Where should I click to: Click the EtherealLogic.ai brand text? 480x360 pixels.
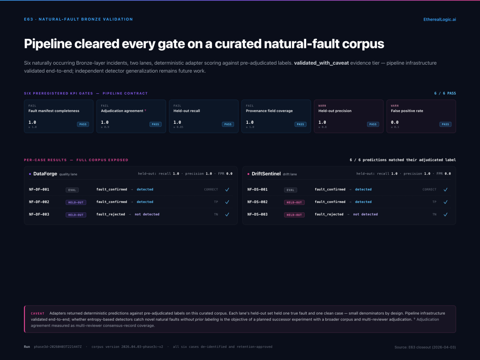point(439,19)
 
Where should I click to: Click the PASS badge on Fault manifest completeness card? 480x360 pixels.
point(83,124)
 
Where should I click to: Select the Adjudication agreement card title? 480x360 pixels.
point(123,111)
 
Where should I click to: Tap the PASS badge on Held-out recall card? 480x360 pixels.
point(228,124)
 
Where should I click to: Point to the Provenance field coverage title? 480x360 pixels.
point(269,111)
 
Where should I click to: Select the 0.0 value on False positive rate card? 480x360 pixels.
point(395,122)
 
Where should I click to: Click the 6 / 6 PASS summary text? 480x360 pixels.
point(445,93)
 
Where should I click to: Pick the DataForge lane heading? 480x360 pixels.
point(45,173)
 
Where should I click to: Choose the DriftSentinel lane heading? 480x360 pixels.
point(266,173)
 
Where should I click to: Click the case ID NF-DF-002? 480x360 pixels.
point(39,202)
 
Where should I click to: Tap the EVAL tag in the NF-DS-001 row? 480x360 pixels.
point(291,190)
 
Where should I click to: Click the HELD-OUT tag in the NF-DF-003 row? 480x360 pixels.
point(76,215)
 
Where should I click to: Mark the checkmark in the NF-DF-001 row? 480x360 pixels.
point(227,190)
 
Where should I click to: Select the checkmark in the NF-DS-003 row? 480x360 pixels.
point(445,214)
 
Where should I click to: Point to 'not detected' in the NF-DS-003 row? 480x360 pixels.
point(365,214)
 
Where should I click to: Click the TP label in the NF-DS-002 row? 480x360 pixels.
point(434,202)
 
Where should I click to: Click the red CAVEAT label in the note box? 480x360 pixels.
point(37,313)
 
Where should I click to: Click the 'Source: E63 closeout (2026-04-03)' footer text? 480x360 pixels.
point(425,347)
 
